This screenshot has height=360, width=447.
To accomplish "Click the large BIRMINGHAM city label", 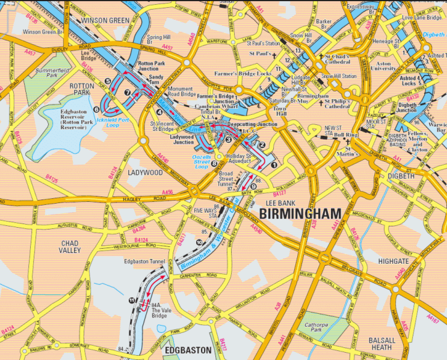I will (300, 214).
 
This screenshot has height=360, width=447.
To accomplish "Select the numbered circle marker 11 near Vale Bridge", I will (132, 300).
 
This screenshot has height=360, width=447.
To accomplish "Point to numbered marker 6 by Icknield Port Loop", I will (96, 109).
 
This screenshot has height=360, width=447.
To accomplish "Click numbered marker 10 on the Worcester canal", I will (199, 242).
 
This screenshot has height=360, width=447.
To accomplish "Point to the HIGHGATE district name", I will (394, 261).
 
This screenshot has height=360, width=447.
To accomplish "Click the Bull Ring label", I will (347, 135).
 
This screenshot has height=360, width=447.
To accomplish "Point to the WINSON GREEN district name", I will (105, 20).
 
